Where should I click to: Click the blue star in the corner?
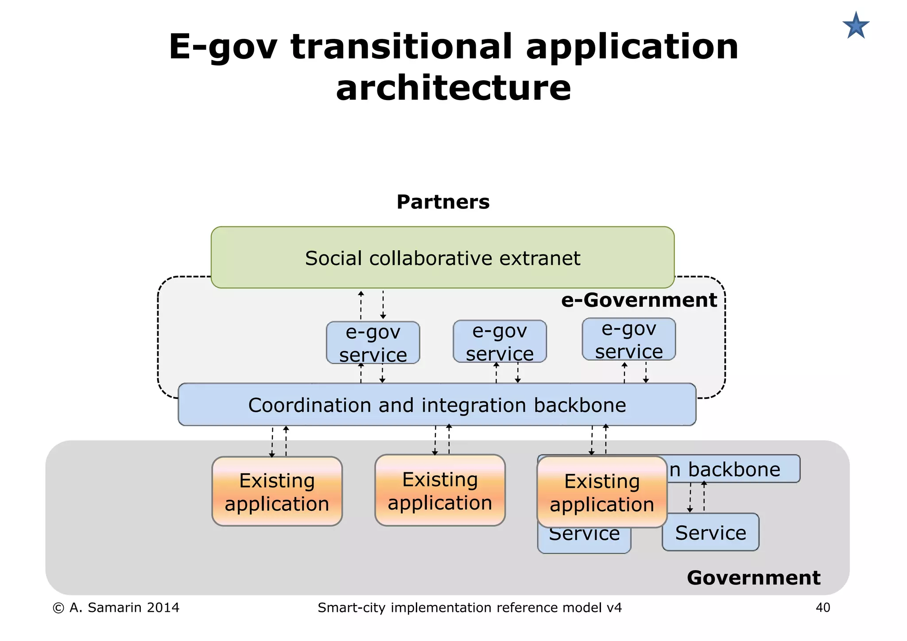tap(856, 26)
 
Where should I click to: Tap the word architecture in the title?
tap(453, 87)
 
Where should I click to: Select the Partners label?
tap(443, 202)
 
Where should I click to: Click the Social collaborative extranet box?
tap(442, 258)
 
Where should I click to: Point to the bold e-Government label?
tap(639, 300)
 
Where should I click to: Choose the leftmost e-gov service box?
tap(373, 343)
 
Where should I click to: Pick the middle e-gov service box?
tap(500, 341)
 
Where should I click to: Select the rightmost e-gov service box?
tap(628, 339)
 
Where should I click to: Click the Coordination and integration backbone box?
tap(437, 405)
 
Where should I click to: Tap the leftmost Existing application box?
tap(277, 491)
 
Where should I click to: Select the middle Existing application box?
tap(440, 490)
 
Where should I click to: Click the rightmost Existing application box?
tap(602, 492)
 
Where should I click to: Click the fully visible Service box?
tap(710, 532)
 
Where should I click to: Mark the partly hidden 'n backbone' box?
tap(733, 469)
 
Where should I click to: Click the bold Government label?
tap(753, 578)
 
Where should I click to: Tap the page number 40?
tap(823, 607)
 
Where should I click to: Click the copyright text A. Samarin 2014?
tap(116, 607)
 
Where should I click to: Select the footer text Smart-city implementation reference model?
tap(469, 607)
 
